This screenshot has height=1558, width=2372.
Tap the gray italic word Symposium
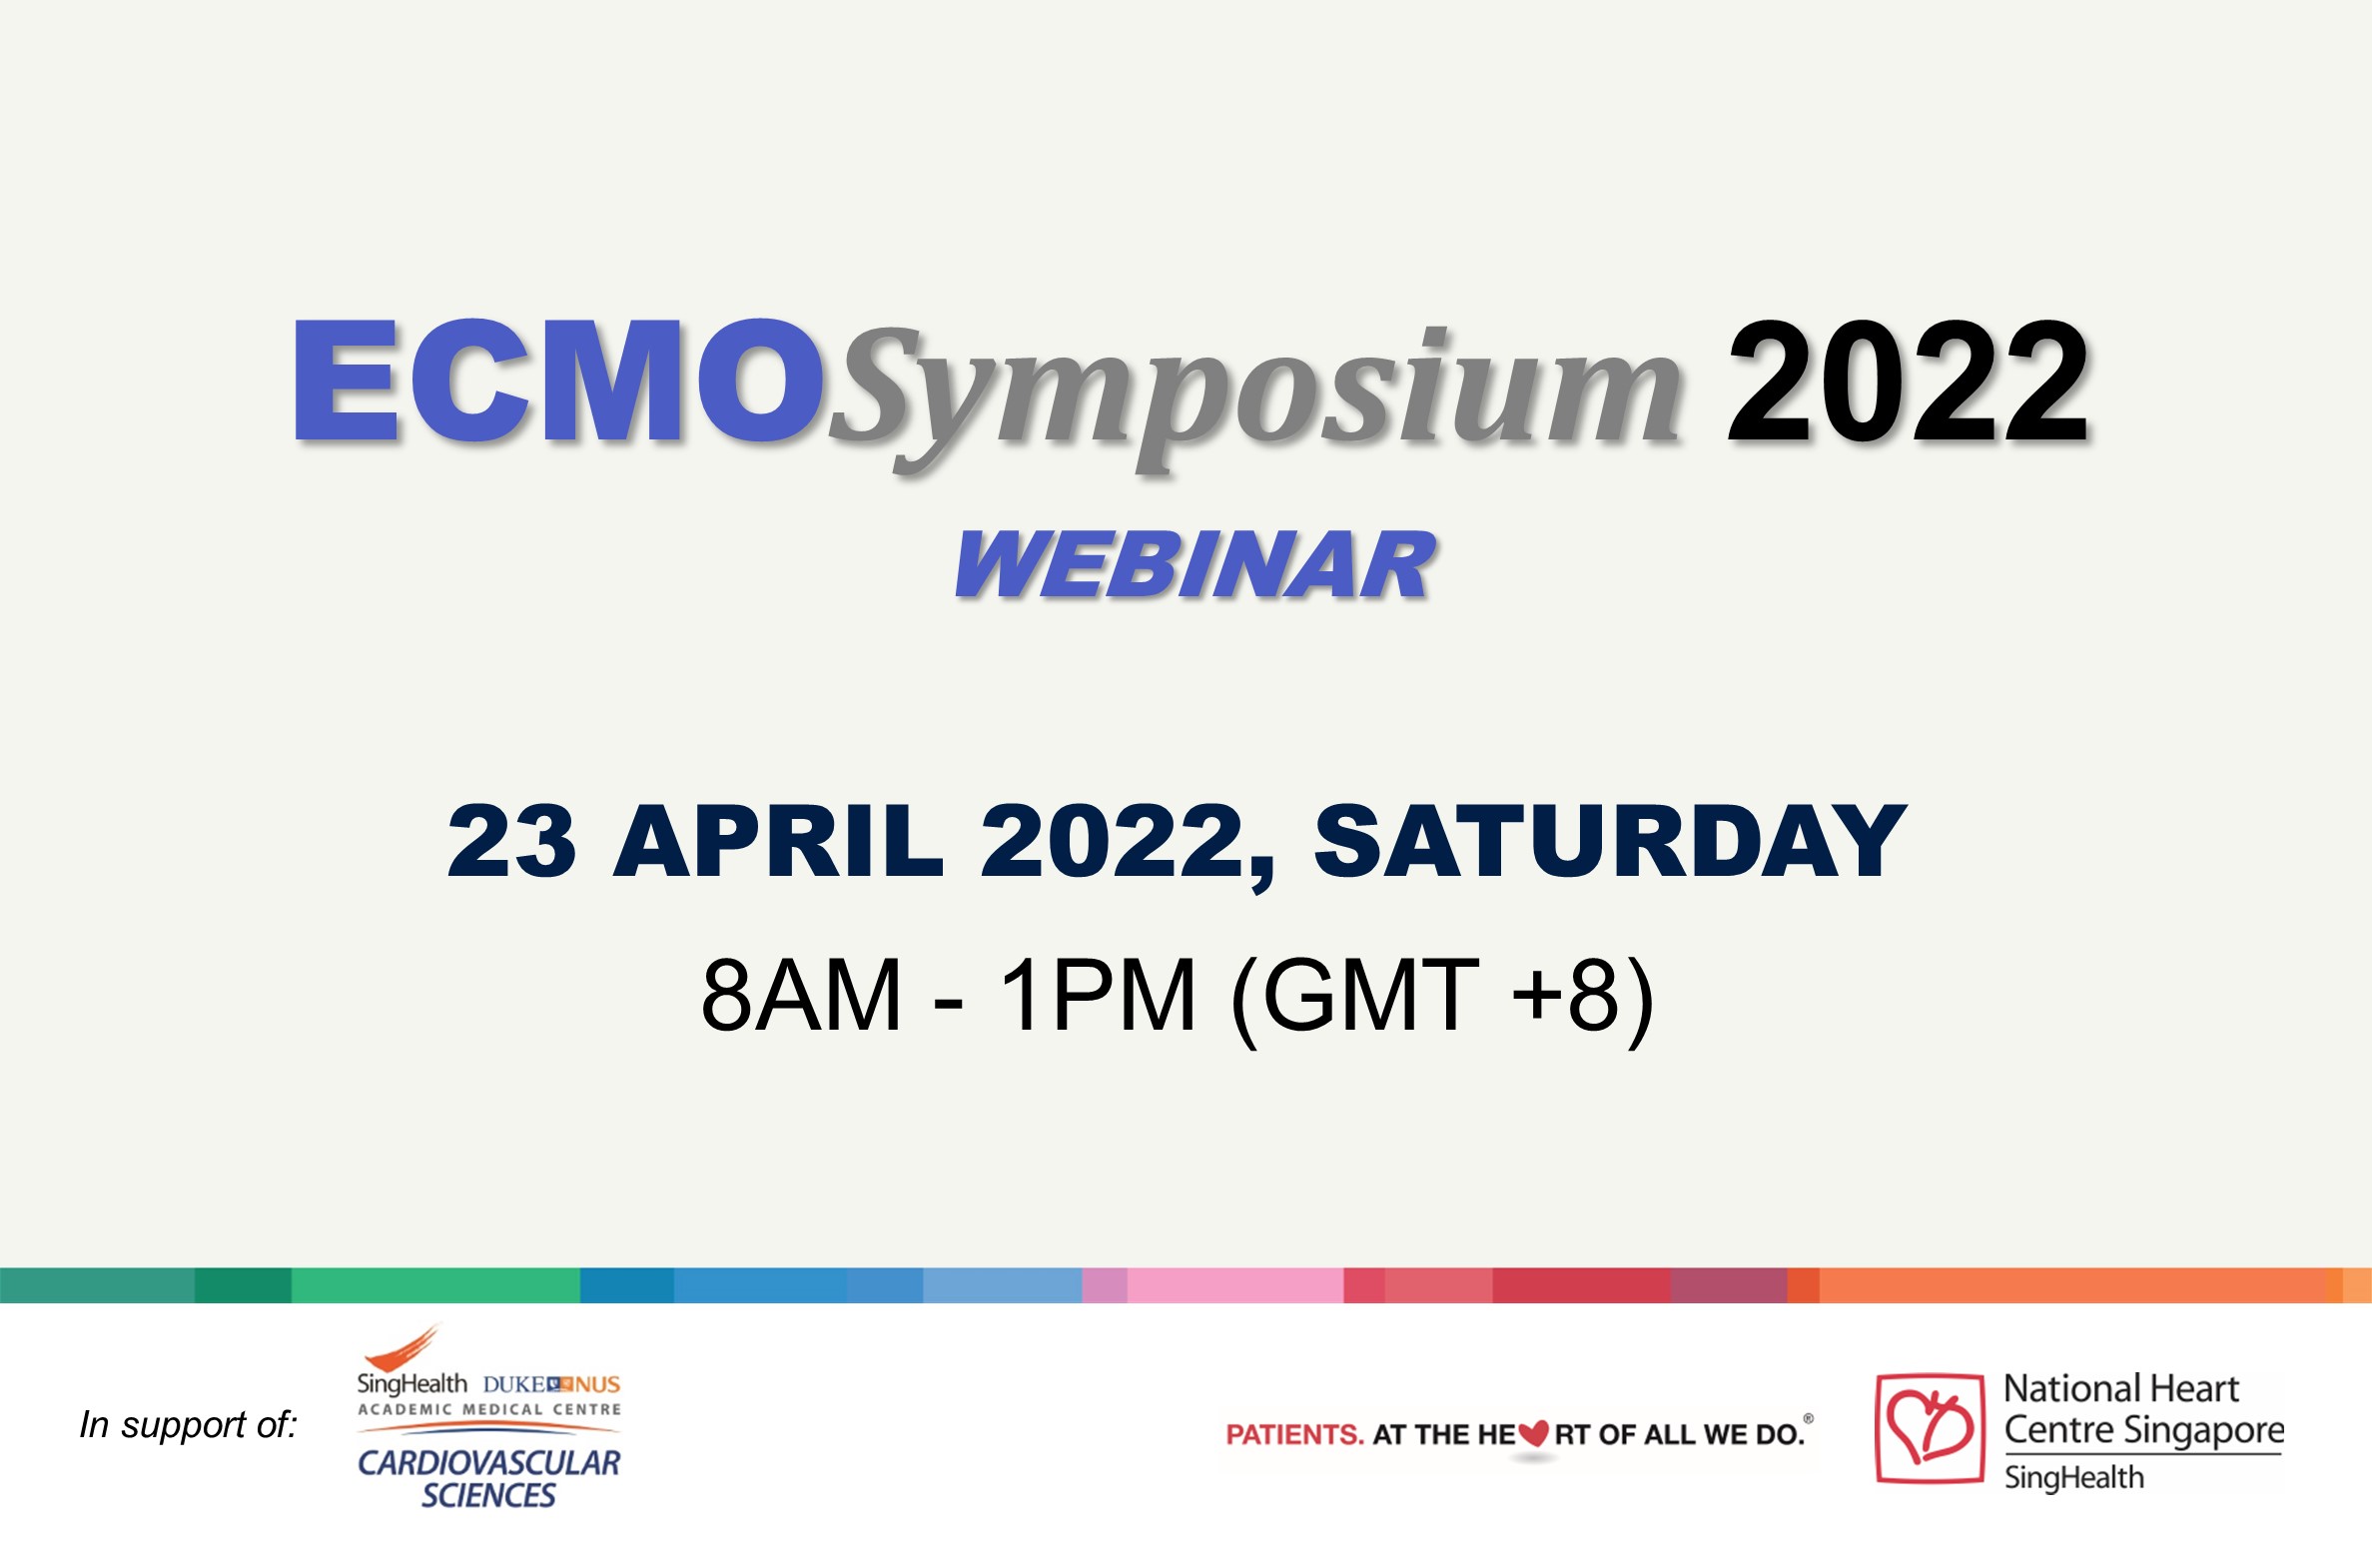click(1256, 397)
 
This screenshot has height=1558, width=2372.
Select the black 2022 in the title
click(1908, 382)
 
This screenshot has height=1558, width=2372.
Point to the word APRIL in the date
click(778, 841)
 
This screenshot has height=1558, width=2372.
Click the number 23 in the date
click(511, 841)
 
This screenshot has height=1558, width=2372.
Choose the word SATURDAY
click(1609, 841)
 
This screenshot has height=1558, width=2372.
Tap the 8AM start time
click(801, 995)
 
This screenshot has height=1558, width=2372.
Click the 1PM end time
click(1097, 995)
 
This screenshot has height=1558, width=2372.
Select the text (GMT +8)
click(1442, 999)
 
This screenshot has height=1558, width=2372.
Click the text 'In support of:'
click(189, 1425)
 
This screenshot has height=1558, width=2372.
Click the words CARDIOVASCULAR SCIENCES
click(488, 1478)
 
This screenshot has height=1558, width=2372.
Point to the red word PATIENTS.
click(1294, 1435)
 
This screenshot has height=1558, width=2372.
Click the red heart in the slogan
click(1533, 1435)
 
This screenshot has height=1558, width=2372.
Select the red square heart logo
click(1930, 1428)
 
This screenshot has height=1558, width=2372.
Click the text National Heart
click(2120, 1388)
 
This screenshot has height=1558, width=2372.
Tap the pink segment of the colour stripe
click(1235, 1285)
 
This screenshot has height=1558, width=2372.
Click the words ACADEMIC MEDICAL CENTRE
click(489, 1409)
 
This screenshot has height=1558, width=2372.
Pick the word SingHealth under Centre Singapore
click(2073, 1477)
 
